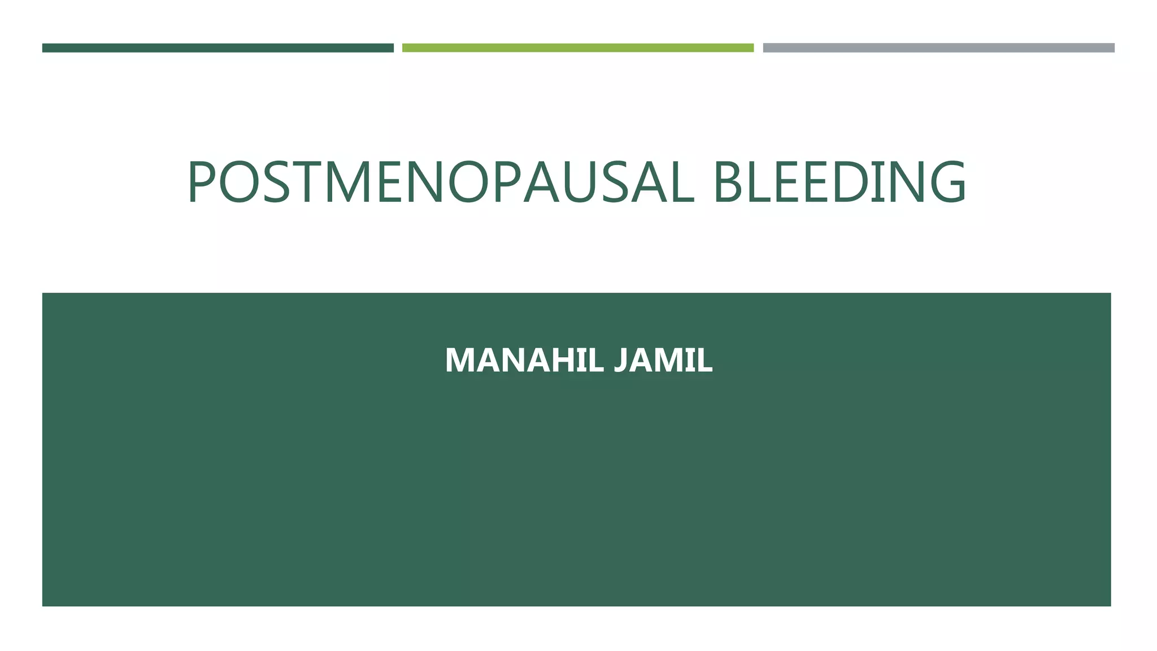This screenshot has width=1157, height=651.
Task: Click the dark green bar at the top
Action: click(x=218, y=48)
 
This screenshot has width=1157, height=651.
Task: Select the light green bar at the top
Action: click(x=577, y=48)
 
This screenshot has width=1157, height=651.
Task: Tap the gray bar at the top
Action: click(x=938, y=48)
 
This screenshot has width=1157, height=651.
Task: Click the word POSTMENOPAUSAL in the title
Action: click(x=441, y=182)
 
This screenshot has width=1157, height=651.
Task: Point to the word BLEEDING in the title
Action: click(x=840, y=182)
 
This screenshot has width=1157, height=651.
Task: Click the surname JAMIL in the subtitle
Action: click(x=663, y=360)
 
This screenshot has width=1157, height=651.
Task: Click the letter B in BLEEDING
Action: click(x=728, y=182)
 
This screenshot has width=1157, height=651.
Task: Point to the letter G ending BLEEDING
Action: click(x=945, y=182)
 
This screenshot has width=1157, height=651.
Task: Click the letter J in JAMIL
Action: click(x=621, y=360)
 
